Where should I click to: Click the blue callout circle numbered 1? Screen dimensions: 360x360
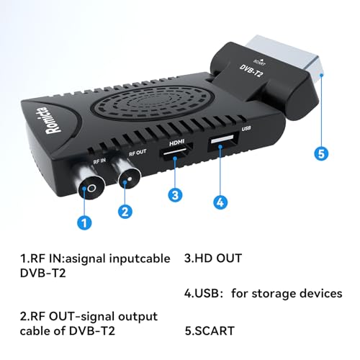coord(86,222)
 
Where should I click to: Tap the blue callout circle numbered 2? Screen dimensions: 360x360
coord(125,211)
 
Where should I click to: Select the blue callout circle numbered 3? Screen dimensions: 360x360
coord(175,194)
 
